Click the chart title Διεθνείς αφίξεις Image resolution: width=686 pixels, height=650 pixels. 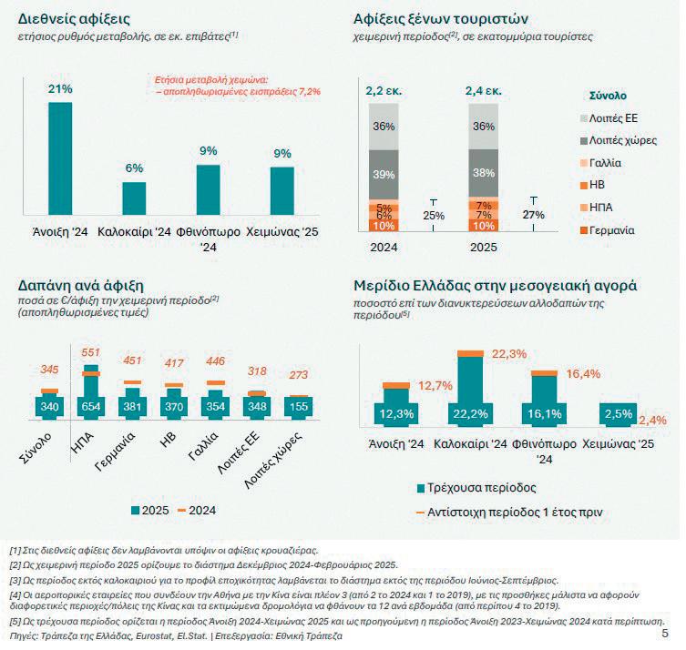(74, 17)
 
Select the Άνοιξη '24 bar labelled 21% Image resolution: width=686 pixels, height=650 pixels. (60, 155)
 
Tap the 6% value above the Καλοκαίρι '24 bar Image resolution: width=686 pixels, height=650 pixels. (135, 168)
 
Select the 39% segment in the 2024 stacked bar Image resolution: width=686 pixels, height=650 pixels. (384, 174)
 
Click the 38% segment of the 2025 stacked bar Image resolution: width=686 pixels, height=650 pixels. (485, 173)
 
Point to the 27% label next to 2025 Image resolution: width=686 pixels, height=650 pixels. (533, 215)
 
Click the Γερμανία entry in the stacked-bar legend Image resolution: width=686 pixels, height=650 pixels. (610, 229)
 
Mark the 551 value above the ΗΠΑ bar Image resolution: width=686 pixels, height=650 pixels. (91, 351)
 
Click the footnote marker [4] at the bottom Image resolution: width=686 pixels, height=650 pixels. (15, 594)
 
